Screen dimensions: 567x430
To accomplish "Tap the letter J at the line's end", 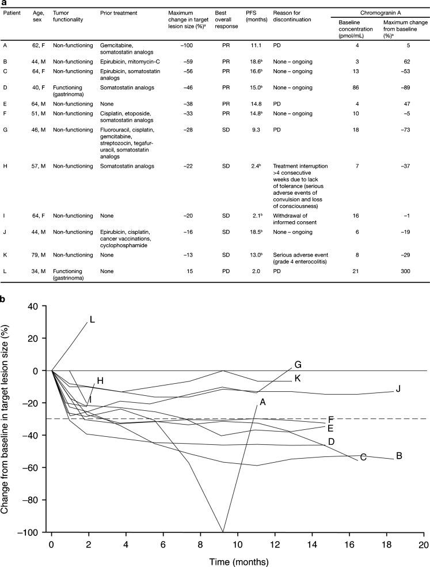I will coord(398,390).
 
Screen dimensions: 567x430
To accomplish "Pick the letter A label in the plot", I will coord(262,402).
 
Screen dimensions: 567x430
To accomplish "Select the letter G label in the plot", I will coord(298,365).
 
